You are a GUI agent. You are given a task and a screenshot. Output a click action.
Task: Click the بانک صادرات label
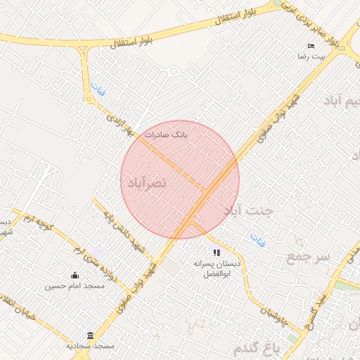[x=166, y=133]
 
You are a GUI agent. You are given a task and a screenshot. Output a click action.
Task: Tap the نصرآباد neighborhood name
[x=146, y=183]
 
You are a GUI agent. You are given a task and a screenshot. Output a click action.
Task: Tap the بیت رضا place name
[x=311, y=56]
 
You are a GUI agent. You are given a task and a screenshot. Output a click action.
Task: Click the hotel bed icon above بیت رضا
[x=311, y=46]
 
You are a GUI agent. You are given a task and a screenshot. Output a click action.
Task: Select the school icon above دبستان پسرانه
[x=217, y=252]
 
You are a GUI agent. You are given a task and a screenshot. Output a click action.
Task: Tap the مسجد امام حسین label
[x=75, y=286]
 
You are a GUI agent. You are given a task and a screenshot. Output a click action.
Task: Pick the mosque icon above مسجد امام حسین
[x=75, y=275]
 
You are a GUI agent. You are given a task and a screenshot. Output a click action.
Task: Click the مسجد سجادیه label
[x=90, y=347]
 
